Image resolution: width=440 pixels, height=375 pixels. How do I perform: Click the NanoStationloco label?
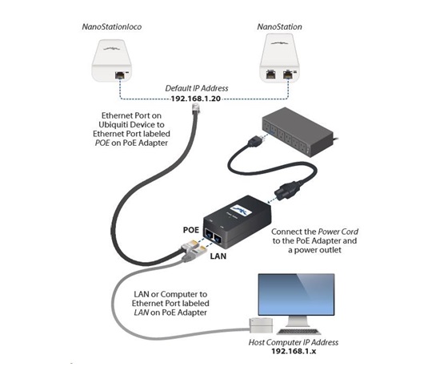coord(112,26)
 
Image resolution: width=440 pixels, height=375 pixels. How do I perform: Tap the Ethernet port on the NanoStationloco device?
coord(120,75)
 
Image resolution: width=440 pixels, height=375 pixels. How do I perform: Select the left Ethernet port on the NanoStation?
coord(270,75)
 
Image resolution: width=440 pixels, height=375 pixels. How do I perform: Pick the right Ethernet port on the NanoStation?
coord(288,75)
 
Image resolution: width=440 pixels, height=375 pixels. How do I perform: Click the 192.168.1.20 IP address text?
coord(196,99)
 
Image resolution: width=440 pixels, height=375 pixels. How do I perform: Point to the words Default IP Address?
coord(197,88)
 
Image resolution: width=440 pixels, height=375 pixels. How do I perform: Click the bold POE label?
coord(191,230)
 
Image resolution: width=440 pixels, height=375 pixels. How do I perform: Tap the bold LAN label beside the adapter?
coord(218,256)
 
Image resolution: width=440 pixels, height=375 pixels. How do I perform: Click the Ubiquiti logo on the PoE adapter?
coord(240,211)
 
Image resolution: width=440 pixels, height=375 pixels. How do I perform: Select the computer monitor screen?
coord(296,295)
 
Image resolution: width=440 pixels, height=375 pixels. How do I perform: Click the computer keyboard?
coord(298,332)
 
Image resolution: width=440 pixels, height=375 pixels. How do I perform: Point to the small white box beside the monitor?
coord(261,325)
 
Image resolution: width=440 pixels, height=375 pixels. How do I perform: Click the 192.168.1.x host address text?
coord(294,351)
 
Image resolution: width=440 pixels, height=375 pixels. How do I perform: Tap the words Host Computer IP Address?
coord(294,342)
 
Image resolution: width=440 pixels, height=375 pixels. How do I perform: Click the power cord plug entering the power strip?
coord(255,140)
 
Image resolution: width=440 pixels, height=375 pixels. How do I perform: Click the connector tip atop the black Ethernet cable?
coord(195,108)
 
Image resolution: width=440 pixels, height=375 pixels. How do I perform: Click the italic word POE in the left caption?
coord(102,143)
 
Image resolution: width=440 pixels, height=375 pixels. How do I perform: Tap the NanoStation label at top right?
coord(279,26)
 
